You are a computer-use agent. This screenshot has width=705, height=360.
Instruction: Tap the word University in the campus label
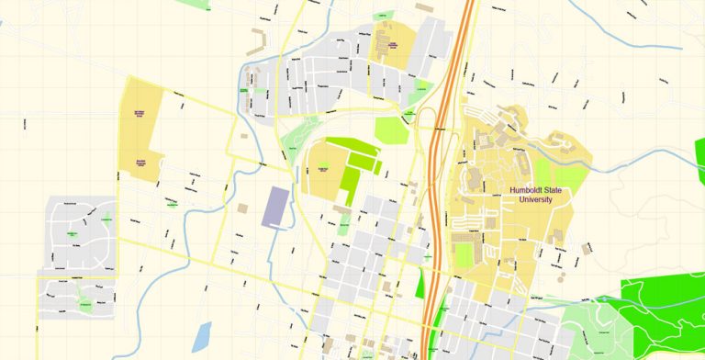coord(535,199)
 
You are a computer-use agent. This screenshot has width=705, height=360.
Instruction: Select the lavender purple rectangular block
coord(274,207)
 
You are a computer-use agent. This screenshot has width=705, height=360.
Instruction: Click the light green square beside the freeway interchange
coord(392,130)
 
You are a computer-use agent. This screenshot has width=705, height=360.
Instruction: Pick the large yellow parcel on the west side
coord(142,129)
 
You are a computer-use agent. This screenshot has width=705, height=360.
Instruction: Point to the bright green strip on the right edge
coord(699,161)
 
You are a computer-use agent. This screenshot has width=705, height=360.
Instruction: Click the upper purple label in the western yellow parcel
coord(140,113)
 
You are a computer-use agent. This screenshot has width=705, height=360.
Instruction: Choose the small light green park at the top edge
coord(218,5)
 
